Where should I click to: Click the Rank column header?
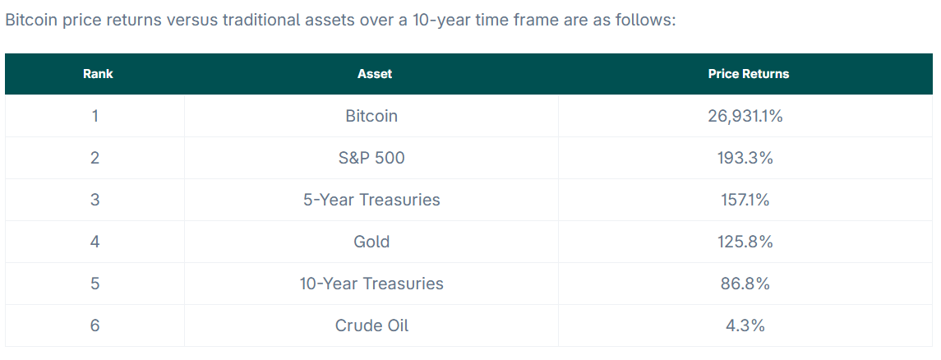pyautogui.click(x=98, y=74)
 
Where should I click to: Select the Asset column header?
pyautogui.click(x=375, y=74)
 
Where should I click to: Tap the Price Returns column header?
pyautogui.click(x=749, y=74)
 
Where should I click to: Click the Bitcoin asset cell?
pyautogui.click(x=371, y=116)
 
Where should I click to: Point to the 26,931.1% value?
pyautogui.click(x=745, y=116)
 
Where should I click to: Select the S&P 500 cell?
pyautogui.click(x=371, y=158)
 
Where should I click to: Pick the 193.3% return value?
pyautogui.click(x=745, y=158)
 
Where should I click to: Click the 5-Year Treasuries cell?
pyautogui.click(x=371, y=200)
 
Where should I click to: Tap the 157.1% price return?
pyautogui.click(x=745, y=200)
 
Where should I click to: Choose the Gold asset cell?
pyautogui.click(x=371, y=242)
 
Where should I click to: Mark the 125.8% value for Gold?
pyautogui.click(x=745, y=242)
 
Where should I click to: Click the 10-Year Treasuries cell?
pyautogui.click(x=371, y=284)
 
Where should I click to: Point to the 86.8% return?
pyautogui.click(x=745, y=284)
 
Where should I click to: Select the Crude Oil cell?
pyautogui.click(x=371, y=325)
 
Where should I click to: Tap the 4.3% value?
pyautogui.click(x=745, y=325)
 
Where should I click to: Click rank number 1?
pyautogui.click(x=95, y=116)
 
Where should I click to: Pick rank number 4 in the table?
pyautogui.click(x=95, y=242)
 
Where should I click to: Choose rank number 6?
pyautogui.click(x=95, y=325)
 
